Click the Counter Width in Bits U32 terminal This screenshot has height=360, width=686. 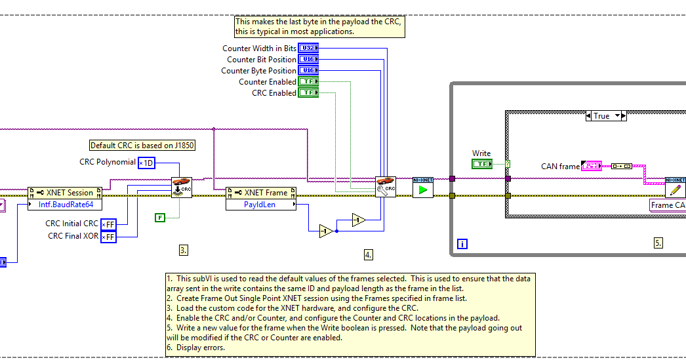coord(308,48)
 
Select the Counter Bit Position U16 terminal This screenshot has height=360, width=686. coord(308,60)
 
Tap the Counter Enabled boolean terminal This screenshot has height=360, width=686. coord(308,82)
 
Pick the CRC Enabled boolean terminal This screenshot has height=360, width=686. coord(308,92)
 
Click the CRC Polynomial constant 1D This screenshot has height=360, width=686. coord(146,163)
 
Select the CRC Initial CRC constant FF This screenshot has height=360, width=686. coord(108,224)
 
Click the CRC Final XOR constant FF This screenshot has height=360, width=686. coord(108,237)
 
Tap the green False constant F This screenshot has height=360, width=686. coord(160,218)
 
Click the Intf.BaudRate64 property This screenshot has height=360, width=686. coord(65,205)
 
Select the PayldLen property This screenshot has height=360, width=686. coord(261,205)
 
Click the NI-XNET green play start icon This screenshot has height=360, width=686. coord(422,188)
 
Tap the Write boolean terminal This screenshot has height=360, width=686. coord(482,164)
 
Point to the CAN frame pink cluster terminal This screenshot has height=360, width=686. coord(592,166)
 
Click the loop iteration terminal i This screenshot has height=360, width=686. coord(462,244)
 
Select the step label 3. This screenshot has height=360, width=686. coord(184,250)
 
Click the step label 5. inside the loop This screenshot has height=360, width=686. coord(658,243)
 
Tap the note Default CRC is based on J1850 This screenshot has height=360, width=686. coord(142,145)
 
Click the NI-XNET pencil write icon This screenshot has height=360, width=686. coord(676,188)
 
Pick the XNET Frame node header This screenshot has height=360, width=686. coord(261,193)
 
